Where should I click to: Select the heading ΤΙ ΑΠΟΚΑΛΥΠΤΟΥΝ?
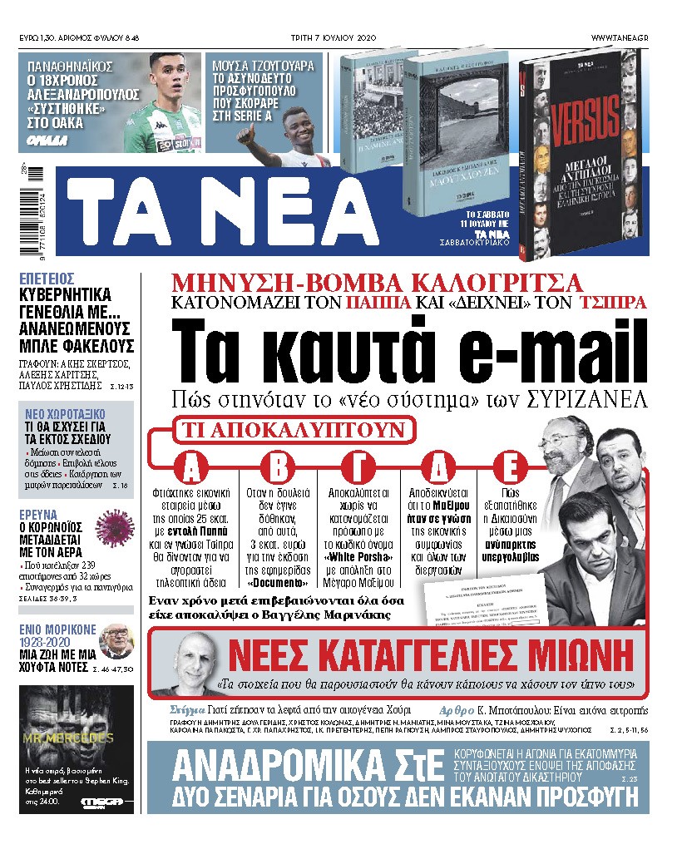tap(293, 431)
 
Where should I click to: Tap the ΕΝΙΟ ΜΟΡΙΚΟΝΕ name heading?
tap(56, 629)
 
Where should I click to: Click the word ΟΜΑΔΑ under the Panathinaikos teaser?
tap(42, 139)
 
